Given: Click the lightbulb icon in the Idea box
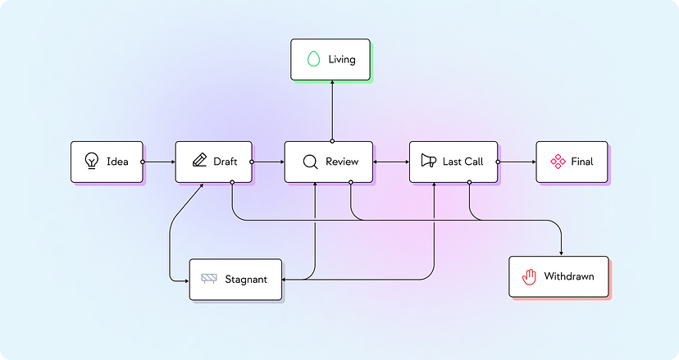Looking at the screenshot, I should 92,162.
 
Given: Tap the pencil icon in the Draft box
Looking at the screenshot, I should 198,161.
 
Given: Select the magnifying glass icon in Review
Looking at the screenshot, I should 310,162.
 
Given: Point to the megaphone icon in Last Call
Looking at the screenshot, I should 428,161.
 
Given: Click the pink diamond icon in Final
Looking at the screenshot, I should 558,162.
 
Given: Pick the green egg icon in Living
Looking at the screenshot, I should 312,59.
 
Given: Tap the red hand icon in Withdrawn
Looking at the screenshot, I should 529,276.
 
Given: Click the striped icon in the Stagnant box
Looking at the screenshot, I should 209,279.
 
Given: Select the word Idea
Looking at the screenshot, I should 117,162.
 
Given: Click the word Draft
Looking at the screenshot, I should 226,162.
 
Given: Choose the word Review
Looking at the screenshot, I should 342,162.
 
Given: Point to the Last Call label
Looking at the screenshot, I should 463,162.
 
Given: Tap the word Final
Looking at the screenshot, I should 582,162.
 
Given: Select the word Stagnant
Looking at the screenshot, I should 246,280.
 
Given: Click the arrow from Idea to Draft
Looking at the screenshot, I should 159,162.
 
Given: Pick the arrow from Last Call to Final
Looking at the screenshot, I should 517,162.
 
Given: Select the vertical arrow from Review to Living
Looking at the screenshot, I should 332,111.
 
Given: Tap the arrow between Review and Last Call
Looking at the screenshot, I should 390,162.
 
